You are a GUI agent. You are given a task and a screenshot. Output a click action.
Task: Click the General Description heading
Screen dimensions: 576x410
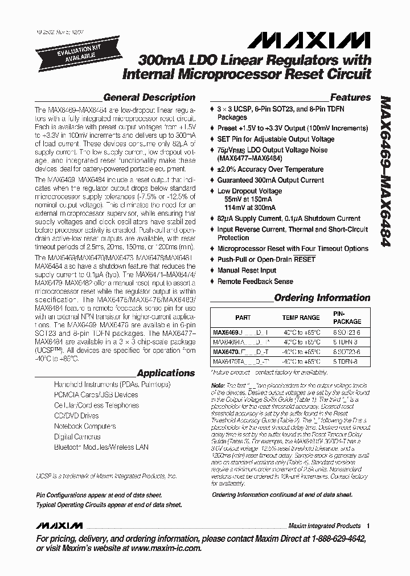149,97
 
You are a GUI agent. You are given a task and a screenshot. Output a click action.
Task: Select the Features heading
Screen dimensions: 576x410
350,97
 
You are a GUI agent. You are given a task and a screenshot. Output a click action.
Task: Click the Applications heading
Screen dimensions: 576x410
166,373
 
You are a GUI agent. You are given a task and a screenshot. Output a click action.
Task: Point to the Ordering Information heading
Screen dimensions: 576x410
322,298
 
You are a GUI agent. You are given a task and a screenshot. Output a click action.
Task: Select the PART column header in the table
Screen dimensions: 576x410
243,318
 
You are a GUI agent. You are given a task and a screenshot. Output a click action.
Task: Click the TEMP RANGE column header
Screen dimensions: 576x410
301,318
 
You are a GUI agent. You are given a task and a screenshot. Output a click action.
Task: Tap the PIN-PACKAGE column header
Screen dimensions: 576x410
347,317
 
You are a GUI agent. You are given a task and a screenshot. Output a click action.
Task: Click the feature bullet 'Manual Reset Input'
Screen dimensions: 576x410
247,270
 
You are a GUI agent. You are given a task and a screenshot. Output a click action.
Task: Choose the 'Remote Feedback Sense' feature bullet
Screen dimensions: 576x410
255,281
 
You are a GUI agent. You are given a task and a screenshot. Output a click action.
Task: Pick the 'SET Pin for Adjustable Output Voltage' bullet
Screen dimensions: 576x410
276,139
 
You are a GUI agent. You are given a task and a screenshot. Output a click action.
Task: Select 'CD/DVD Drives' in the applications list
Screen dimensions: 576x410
77,415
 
